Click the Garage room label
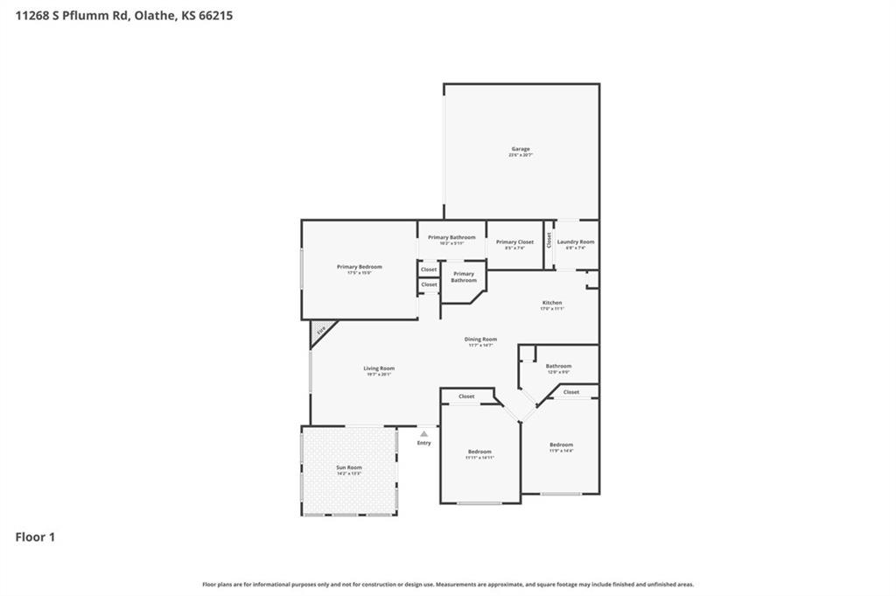click(521, 150)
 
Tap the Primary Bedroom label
click(360, 267)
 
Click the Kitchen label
click(551, 303)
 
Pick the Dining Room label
click(480, 340)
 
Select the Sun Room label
click(349, 468)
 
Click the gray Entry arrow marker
click(423, 433)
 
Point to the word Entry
click(423, 443)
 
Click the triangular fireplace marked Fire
click(319, 331)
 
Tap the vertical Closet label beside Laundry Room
click(549, 239)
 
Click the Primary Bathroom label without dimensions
click(464, 277)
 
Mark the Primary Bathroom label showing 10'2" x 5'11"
click(451, 238)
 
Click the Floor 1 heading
click(35, 537)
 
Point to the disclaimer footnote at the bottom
click(448, 585)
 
